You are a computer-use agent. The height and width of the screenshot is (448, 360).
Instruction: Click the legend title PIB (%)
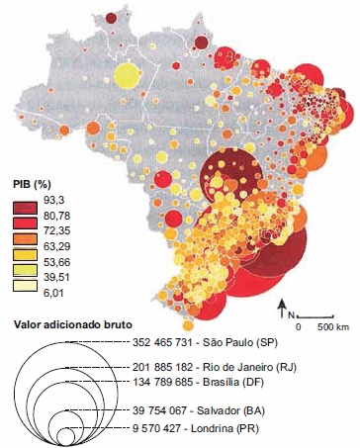click(31, 184)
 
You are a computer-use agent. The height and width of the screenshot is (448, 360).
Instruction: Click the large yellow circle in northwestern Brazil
click(126, 76)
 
